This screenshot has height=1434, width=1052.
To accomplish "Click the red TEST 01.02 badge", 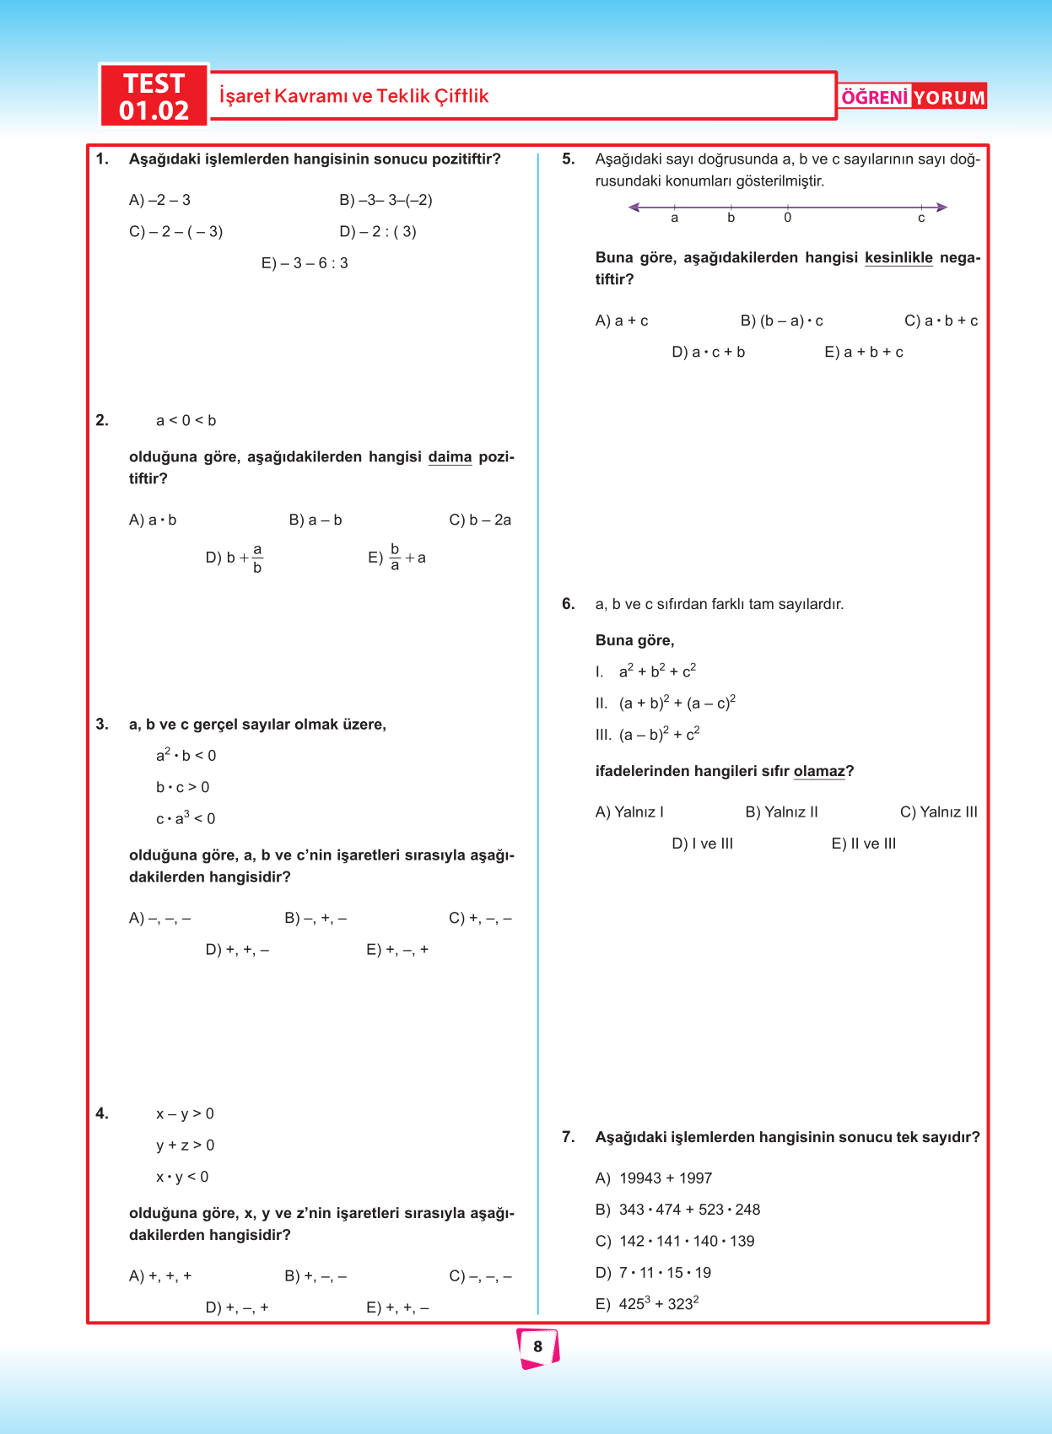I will pyautogui.click(x=154, y=96).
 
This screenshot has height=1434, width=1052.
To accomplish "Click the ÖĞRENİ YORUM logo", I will pyautogui.click(x=913, y=97).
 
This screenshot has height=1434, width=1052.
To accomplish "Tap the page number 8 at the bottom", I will pyautogui.click(x=537, y=1347).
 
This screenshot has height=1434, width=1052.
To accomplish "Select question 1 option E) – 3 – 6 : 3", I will pyautogui.click(x=305, y=263).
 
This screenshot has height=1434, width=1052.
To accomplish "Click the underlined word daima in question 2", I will pyautogui.click(x=450, y=457).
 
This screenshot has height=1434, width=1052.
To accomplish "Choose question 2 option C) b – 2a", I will pyautogui.click(x=480, y=520).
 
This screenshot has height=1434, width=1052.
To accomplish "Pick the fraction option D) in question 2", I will pyautogui.click(x=235, y=558).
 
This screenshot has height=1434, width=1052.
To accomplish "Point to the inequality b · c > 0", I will pyautogui.click(x=182, y=787).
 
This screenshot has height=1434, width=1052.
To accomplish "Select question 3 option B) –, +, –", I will pyautogui.click(x=316, y=918).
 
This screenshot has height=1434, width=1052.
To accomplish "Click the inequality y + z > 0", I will pyautogui.click(x=185, y=1146).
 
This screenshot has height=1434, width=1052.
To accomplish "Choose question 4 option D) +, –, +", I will pyautogui.click(x=237, y=1307).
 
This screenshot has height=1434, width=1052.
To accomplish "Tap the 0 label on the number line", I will pyautogui.click(x=787, y=218).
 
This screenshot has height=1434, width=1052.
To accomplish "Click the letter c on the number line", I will pyautogui.click(x=921, y=218).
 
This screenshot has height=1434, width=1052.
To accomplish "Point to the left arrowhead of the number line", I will pyautogui.click(x=634, y=207).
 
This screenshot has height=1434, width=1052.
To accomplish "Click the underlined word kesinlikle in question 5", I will pyautogui.click(x=898, y=258).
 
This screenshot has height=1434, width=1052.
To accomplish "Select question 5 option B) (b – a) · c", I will pyautogui.click(x=781, y=321).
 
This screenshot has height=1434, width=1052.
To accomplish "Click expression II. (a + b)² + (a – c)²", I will pyautogui.click(x=666, y=703).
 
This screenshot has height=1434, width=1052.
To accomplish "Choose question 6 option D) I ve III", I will pyautogui.click(x=702, y=844).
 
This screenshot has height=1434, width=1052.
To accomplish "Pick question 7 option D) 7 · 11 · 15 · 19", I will pyautogui.click(x=653, y=1273).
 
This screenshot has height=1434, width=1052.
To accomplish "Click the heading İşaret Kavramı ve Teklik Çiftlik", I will pyautogui.click(x=353, y=96).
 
